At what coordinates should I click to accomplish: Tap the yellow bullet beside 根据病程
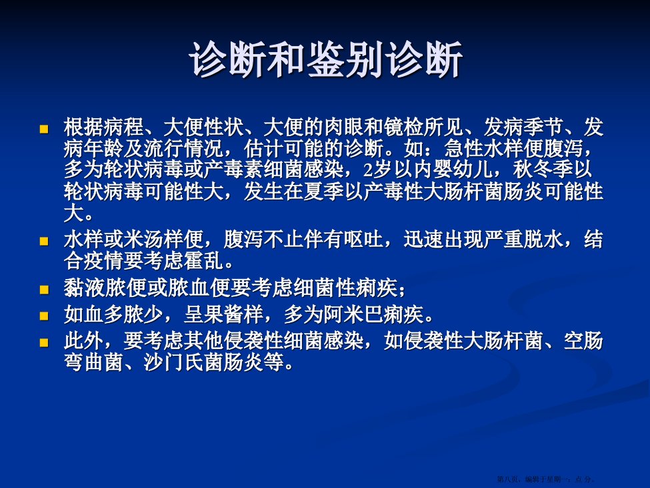click(x=43, y=129)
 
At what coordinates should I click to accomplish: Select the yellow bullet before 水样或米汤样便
click(x=43, y=241)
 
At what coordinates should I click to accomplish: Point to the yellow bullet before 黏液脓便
click(x=43, y=289)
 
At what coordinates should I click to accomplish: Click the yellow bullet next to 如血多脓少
click(x=43, y=316)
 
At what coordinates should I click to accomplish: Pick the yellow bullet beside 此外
click(x=43, y=342)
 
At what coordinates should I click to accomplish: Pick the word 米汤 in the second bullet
click(x=143, y=240)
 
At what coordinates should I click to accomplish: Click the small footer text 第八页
click(x=507, y=479)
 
